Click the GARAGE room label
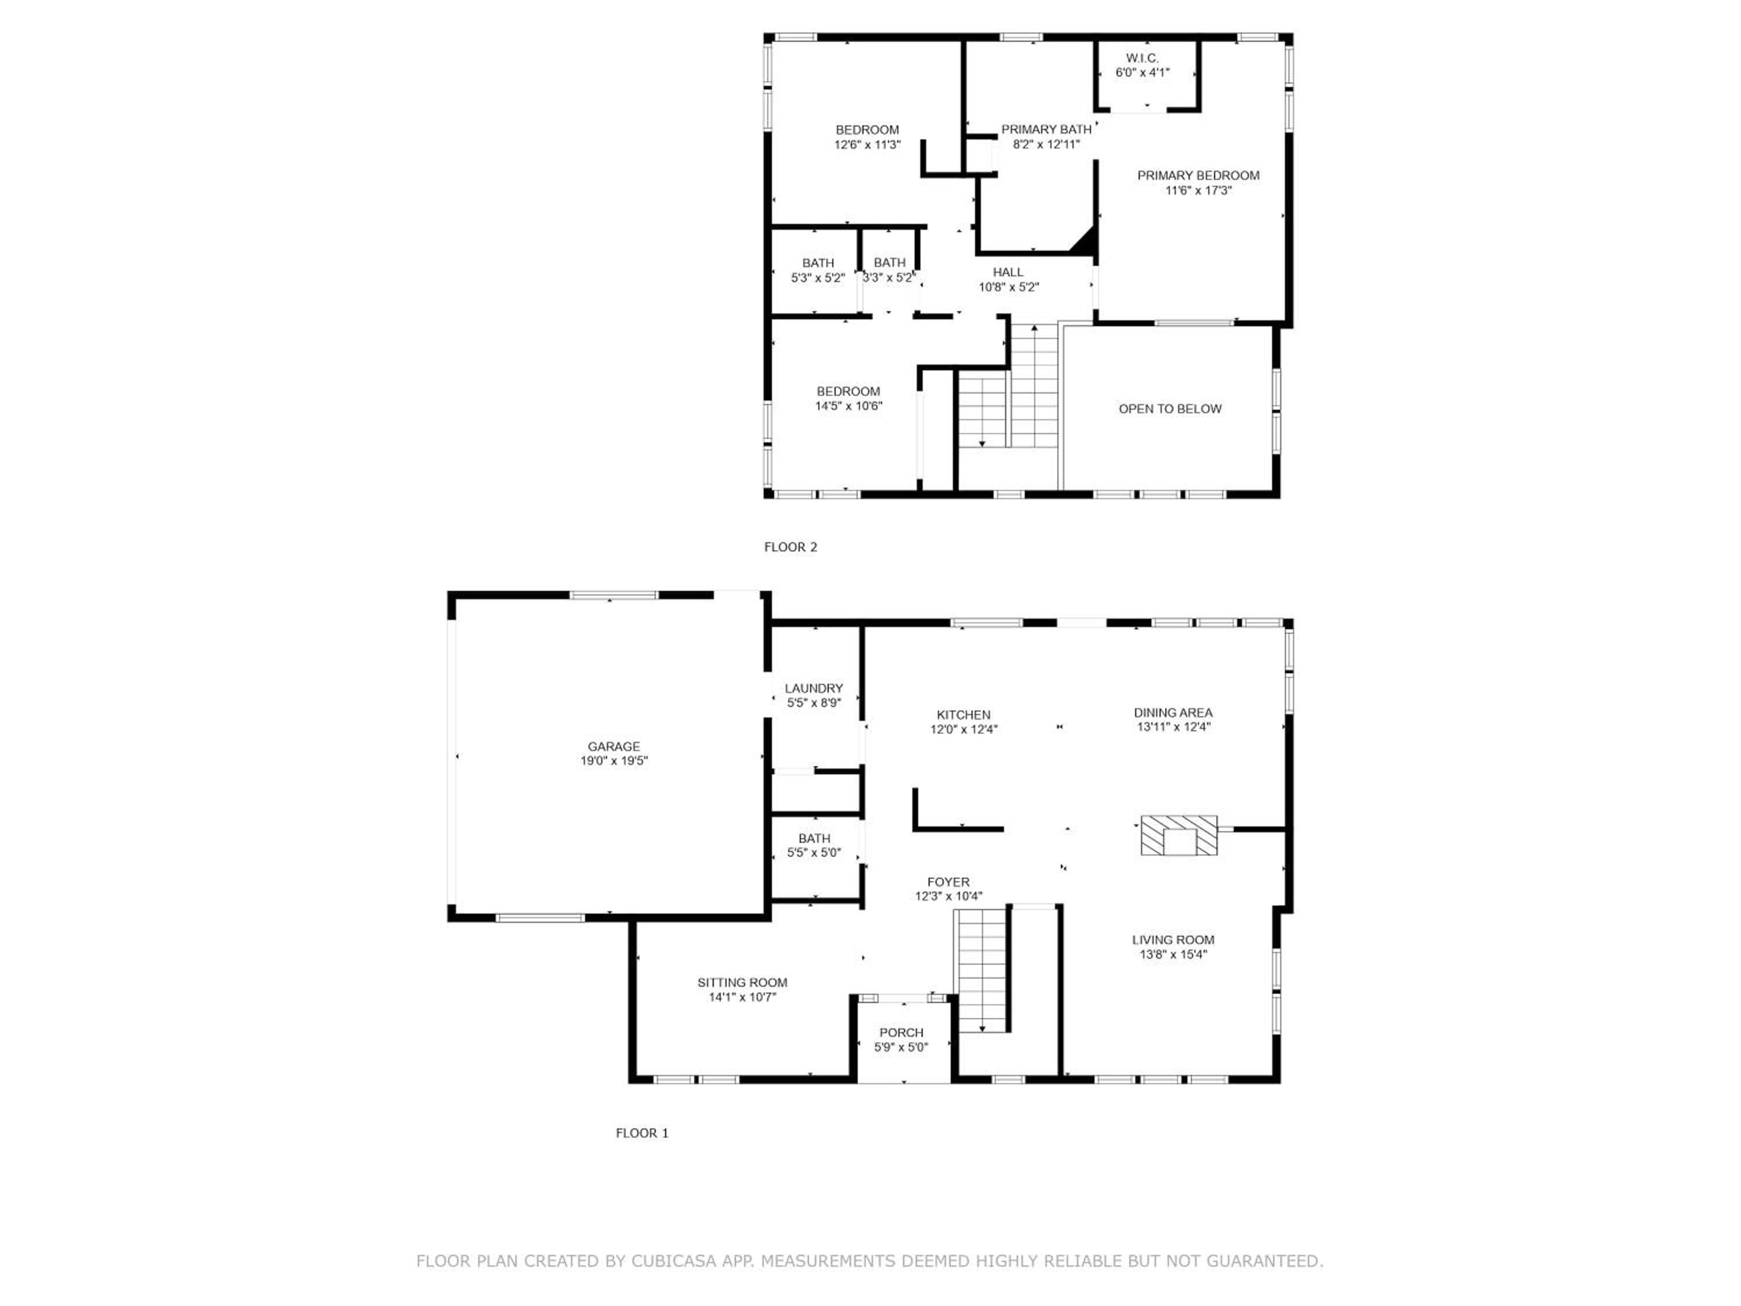(x=614, y=746)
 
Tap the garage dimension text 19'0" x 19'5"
(x=614, y=761)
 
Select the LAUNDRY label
(x=814, y=688)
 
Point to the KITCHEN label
(x=963, y=715)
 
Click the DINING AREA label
(x=1173, y=712)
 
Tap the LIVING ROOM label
(x=1173, y=939)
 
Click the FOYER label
(x=948, y=882)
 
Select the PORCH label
(x=901, y=1032)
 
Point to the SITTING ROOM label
(x=742, y=983)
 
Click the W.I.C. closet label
(x=1142, y=58)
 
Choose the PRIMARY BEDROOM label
(x=1198, y=175)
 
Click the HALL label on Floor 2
(x=1008, y=272)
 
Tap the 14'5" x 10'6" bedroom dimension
(x=848, y=406)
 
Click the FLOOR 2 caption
(x=790, y=547)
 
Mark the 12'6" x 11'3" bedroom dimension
(x=868, y=145)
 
